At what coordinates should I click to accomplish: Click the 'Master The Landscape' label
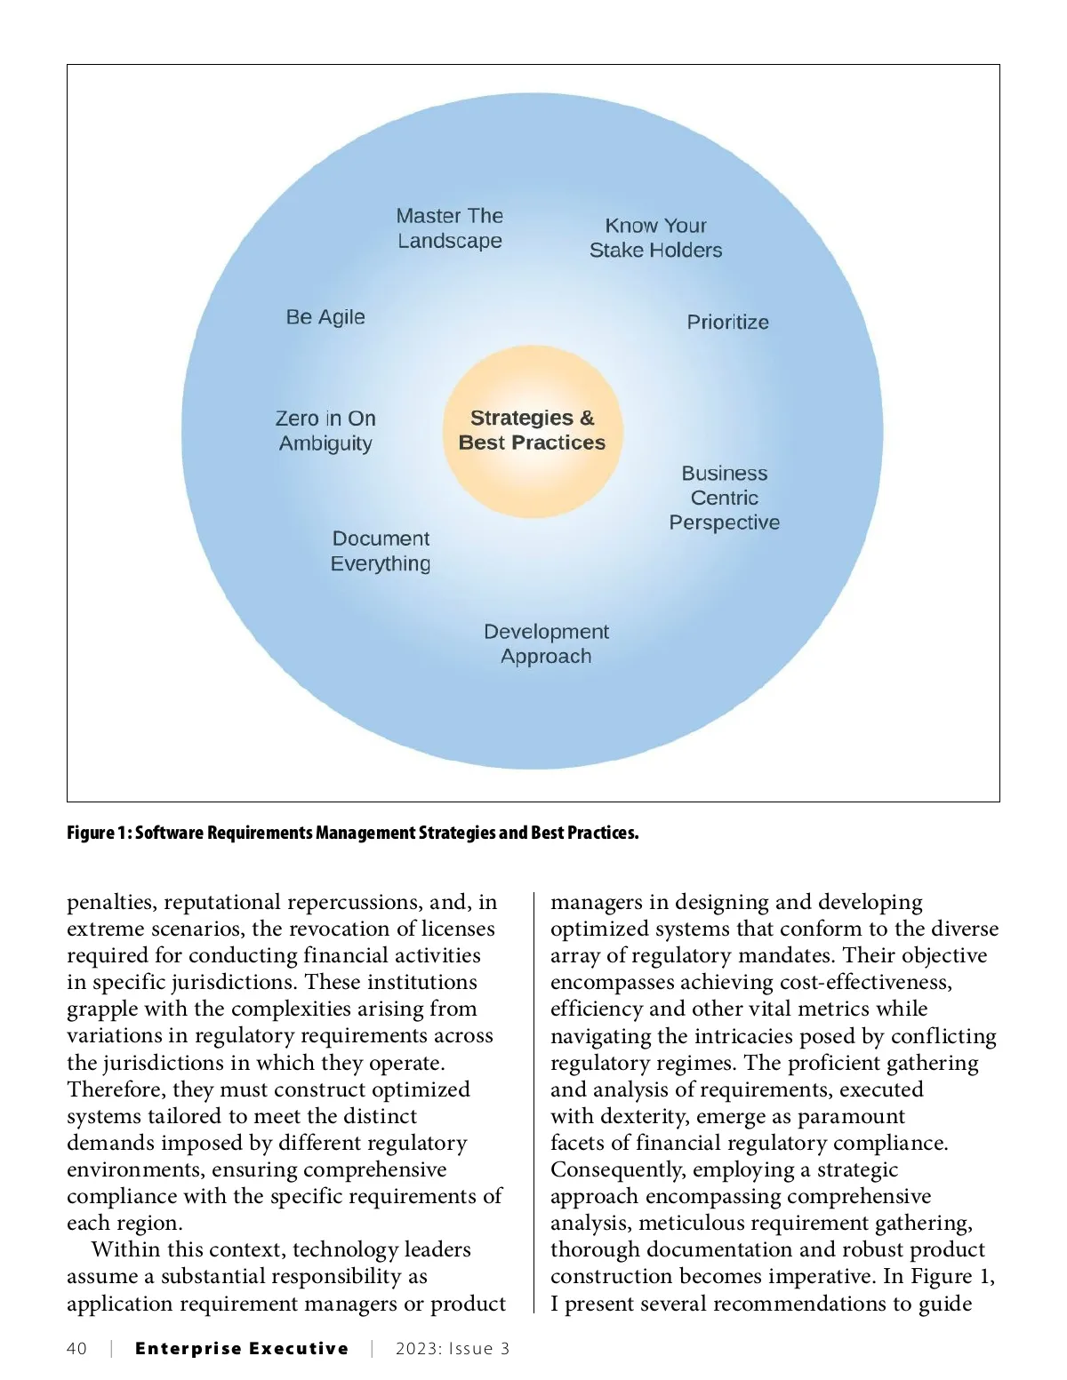[x=450, y=228]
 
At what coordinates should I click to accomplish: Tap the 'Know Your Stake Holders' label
[x=656, y=238]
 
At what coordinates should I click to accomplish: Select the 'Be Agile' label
[x=325, y=317]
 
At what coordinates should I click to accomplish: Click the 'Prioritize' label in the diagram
[x=727, y=322]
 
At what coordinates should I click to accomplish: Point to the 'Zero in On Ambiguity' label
[x=325, y=431]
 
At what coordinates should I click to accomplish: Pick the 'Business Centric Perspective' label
[x=725, y=499]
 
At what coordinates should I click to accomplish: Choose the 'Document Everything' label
[x=381, y=551]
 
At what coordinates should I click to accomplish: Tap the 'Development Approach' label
[x=546, y=644]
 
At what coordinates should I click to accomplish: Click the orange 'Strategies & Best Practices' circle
[x=533, y=431]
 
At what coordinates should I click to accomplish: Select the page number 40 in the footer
[x=77, y=1349]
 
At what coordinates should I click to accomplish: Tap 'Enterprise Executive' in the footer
[x=242, y=1349]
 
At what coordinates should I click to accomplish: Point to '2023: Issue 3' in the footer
[x=453, y=1349]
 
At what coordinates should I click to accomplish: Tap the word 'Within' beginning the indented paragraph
[x=123, y=1250]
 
